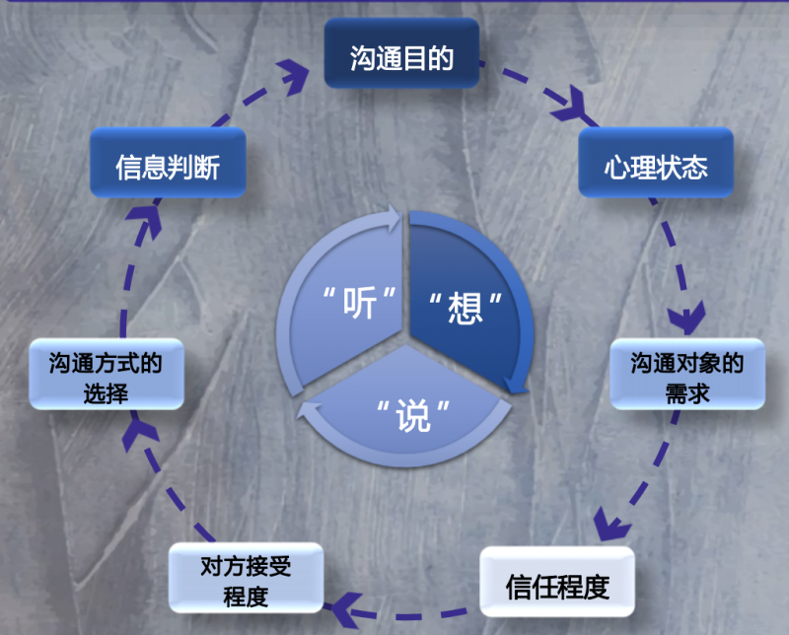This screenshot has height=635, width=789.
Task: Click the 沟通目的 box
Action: tap(401, 58)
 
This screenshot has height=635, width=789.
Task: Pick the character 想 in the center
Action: tap(464, 306)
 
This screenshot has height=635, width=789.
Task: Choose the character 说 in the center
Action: tap(414, 416)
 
